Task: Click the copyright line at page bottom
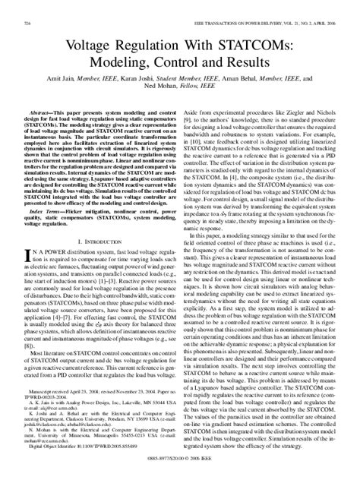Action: pyautogui.click(x=180, y=471)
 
